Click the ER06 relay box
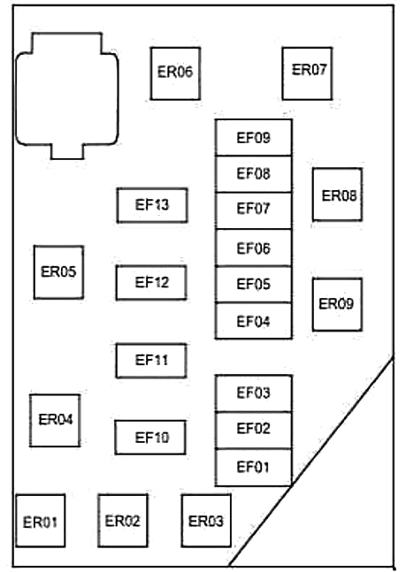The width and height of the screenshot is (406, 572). coord(175,73)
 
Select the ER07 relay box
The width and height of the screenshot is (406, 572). coord(307,73)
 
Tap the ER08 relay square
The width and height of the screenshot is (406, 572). coord(337,194)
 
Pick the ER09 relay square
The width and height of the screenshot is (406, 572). coord(337,305)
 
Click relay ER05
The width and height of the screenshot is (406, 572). coord(58,272)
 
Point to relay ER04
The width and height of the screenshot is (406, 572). coord(55,420)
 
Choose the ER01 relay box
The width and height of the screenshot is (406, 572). coord(41,521)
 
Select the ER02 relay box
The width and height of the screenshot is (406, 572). coord(123,521)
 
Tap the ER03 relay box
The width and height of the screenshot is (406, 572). coord(206,521)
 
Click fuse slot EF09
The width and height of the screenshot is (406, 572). coord(253,138)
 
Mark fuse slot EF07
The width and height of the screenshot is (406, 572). coord(253,210)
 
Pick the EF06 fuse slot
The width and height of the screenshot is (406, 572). coord(253,248)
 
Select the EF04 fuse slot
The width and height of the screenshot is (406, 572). coord(253,321)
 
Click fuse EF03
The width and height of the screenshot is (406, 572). coord(253,393)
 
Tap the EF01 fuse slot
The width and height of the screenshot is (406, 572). coord(253,468)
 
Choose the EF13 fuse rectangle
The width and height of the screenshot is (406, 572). coord(152,205)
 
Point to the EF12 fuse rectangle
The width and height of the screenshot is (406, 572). coord(151,283)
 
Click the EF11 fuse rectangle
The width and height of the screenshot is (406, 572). coord(151,361)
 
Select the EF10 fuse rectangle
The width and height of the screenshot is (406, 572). coord(150,438)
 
